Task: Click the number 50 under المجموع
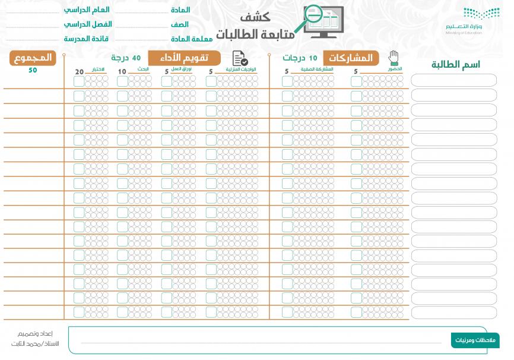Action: (33, 70)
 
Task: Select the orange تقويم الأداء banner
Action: (185, 58)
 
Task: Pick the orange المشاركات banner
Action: (354, 58)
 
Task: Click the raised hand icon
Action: (394, 58)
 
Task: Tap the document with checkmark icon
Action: (240, 58)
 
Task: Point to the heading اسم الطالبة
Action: (455, 65)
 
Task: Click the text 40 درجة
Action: (128, 58)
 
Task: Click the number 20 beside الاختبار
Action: (80, 72)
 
